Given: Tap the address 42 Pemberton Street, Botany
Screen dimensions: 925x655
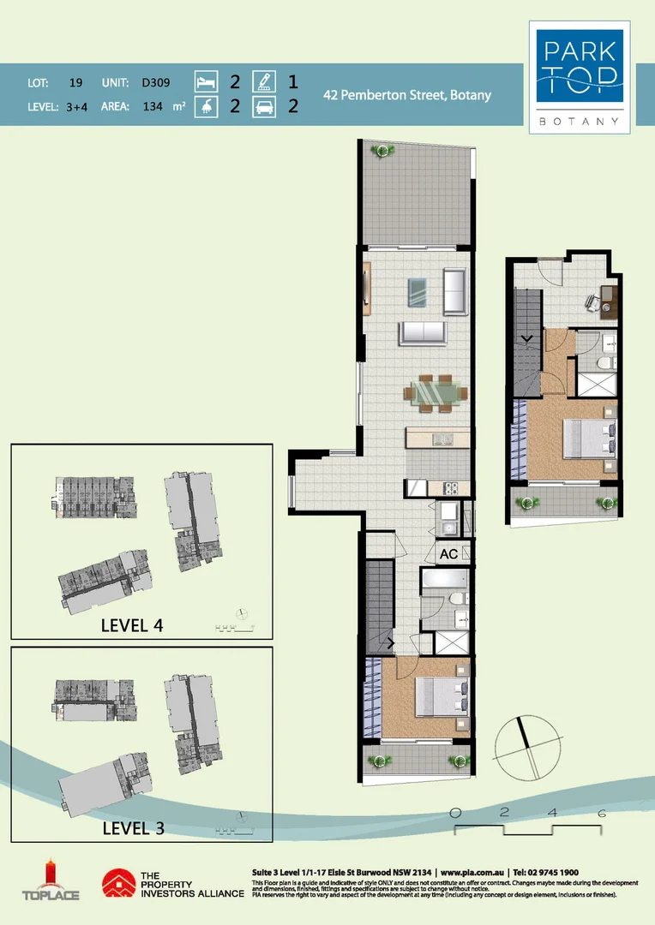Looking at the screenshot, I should [x=407, y=95].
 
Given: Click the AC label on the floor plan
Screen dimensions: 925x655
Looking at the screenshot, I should [x=448, y=554].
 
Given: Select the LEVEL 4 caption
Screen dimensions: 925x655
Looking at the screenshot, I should [x=132, y=624].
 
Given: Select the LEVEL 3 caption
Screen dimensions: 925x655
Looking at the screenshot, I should [x=133, y=828].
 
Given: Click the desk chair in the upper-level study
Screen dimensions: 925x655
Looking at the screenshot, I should [x=592, y=301].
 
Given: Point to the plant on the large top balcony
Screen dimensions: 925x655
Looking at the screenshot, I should [x=382, y=151].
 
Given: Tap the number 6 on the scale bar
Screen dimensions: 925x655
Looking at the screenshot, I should [x=602, y=813].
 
